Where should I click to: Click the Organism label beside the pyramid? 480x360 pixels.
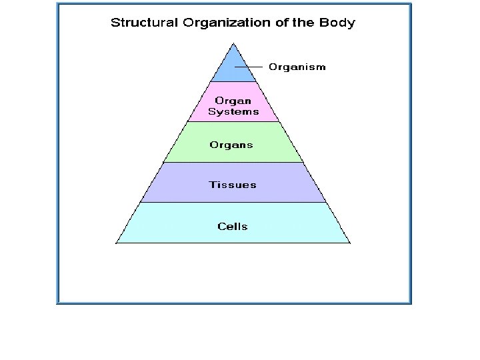[297, 67]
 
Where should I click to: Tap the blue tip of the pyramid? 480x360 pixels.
[233, 67]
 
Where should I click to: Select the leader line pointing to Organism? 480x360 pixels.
[251, 67]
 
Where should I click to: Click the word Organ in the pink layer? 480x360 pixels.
[233, 101]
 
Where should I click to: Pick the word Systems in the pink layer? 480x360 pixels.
[233, 112]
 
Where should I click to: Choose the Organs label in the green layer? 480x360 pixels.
[231, 144]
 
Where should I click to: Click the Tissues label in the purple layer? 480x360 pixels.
[233, 185]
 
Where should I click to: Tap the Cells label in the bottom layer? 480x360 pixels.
[233, 226]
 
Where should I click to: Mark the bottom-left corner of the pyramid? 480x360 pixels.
[117, 243]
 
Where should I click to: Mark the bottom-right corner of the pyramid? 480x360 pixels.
[349, 243]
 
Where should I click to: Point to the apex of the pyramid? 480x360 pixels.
[233, 43]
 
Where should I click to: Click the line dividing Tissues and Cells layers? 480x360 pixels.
[233, 203]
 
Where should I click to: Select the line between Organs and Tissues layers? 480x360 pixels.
[233, 162]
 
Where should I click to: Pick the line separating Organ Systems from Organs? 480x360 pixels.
[233, 121]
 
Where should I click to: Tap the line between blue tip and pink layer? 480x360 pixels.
[233, 82]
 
